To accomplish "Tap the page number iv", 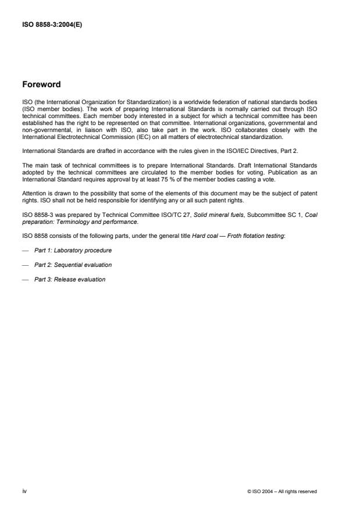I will pos(24,491).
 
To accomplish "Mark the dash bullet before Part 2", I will pos(26,264).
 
